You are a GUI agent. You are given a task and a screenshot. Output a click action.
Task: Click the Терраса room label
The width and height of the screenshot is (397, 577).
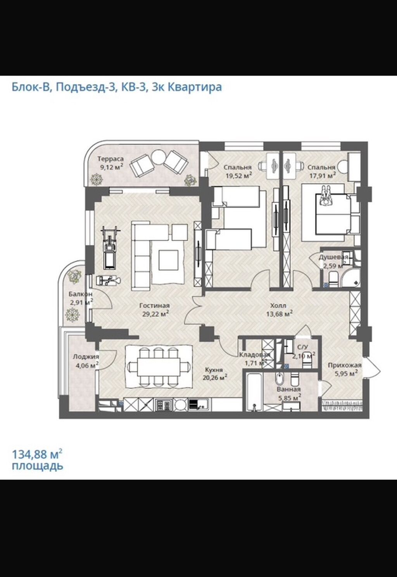pyautogui.click(x=110, y=159)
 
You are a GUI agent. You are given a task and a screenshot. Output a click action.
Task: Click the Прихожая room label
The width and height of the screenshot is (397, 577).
pyautogui.click(x=344, y=365)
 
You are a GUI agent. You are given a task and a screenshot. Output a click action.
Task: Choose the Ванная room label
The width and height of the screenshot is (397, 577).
pyautogui.click(x=288, y=389)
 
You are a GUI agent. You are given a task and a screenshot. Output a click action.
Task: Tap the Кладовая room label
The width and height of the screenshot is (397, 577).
pyautogui.click(x=254, y=355)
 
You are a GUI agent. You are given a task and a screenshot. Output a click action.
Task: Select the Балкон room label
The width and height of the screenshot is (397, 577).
pyautogui.click(x=80, y=294)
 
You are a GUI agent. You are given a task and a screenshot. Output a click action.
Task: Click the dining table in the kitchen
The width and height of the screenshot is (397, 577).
pyautogui.click(x=159, y=366)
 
